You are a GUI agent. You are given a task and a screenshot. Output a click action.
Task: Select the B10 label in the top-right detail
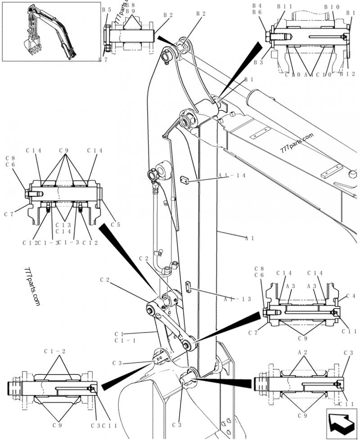pyautogui.click(x=332, y=7)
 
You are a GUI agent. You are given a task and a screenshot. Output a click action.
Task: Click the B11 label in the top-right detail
pyautogui.click(x=284, y=7)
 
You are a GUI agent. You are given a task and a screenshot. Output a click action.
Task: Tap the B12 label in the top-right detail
pyautogui.click(x=347, y=75)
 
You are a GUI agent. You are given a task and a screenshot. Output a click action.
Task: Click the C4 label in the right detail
pyautogui.click(x=351, y=296)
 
